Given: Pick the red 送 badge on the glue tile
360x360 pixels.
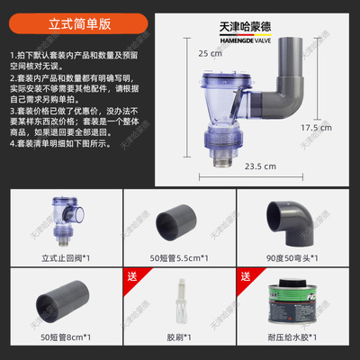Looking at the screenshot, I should pyautogui.click(x=244, y=276).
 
